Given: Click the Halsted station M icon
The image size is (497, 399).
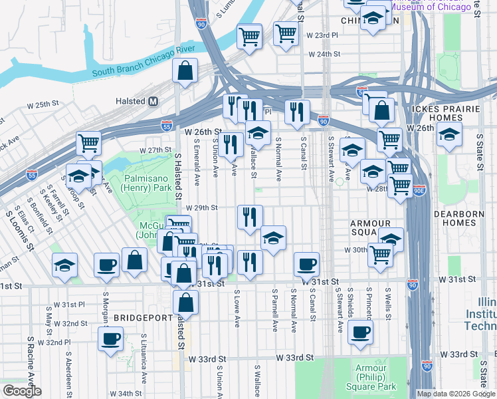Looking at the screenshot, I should pos(153,101).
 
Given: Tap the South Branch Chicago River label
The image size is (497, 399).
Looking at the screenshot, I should pos(143,68).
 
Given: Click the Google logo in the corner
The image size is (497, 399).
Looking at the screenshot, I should pos(21,391).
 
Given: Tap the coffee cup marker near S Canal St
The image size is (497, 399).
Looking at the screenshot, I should pos(306,265).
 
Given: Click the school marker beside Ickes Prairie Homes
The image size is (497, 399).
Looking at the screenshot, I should pos(449,136).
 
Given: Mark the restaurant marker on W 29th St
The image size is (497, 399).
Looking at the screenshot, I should pos(250,217).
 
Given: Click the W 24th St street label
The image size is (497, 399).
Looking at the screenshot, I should pos(323,55).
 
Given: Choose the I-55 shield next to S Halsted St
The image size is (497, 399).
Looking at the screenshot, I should pos(166,125).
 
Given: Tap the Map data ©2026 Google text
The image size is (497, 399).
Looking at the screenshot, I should pos(455,393).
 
